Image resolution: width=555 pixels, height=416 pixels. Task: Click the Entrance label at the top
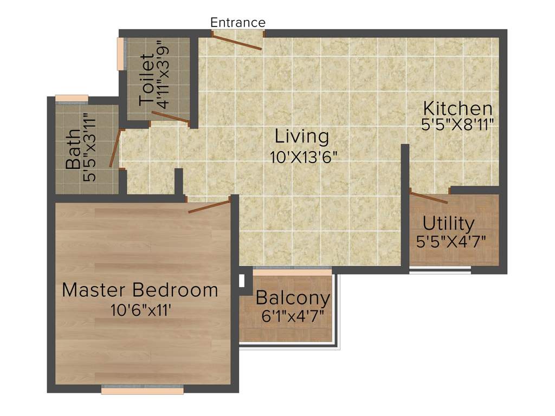pos(238,23)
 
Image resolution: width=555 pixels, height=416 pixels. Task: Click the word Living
pos(301,136)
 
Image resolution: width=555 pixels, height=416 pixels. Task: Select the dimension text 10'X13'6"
pos(304,158)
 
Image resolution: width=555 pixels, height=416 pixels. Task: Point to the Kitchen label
pos(457,108)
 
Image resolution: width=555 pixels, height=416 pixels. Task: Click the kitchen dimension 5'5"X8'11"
pos(457,125)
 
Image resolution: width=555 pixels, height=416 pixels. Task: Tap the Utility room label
pos(449,223)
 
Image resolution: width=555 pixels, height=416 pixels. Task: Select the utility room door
pos(428,197)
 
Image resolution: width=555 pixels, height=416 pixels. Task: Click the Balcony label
pos(293,298)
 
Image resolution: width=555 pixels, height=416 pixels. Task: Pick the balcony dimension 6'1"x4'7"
pos(293,316)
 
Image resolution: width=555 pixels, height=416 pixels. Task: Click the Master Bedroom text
pos(140,290)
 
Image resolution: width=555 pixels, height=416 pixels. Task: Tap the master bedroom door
pos(209,206)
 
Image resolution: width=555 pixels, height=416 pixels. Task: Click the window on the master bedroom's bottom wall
pos(142,389)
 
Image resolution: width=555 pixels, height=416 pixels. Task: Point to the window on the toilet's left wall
pos(121,54)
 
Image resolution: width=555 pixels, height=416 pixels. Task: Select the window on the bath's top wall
pos(72,99)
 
